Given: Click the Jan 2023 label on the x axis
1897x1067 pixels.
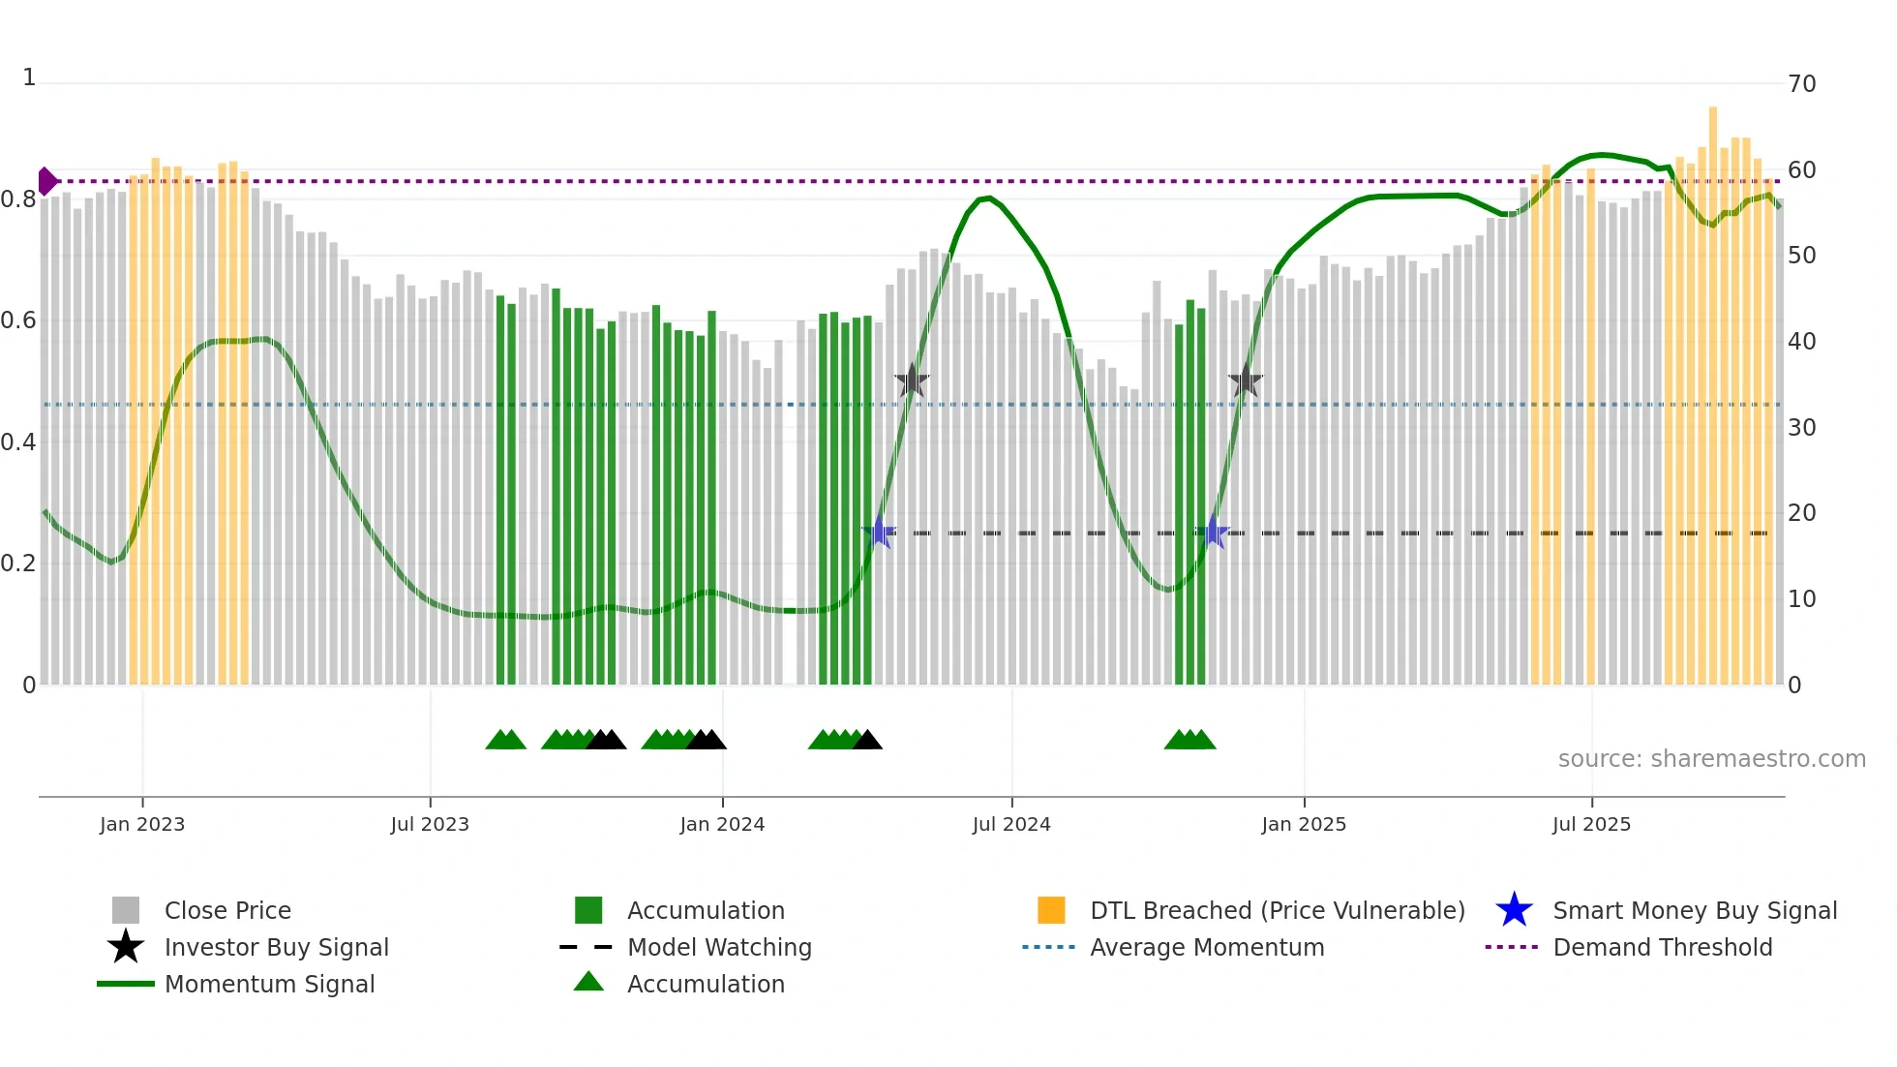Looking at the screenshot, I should pos(142,824).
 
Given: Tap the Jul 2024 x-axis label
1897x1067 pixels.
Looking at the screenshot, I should pos(1011,824).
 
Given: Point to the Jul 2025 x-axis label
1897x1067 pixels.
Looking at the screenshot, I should pos(1591,824).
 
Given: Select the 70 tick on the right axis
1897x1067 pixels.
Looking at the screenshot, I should pos(1801,84).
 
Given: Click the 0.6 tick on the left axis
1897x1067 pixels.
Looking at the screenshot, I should pos(18,320).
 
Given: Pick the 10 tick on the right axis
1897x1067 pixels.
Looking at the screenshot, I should pos(1801,599).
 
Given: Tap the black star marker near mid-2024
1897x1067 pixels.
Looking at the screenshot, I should pos(912,381).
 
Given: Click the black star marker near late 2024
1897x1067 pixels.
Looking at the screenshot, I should pos(1246,381).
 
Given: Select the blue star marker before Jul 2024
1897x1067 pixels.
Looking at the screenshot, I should pos(879,533).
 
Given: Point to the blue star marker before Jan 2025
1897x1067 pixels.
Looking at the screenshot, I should pos(1213,533).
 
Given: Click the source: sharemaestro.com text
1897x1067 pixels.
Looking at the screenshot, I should pos(1711,759).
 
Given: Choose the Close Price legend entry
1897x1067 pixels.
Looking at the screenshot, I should pos(227,910).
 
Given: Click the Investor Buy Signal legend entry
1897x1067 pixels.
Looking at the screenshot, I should pos(276,947).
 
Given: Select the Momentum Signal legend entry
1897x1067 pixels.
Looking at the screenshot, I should pos(269,984).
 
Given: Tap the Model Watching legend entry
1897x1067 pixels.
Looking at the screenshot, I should pos(719,947).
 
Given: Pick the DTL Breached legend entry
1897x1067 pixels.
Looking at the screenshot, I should pos(1277,910).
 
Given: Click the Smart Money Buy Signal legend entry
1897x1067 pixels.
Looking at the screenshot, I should pos(1694,910).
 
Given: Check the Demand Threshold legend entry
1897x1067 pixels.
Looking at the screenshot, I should pos(1662,947).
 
